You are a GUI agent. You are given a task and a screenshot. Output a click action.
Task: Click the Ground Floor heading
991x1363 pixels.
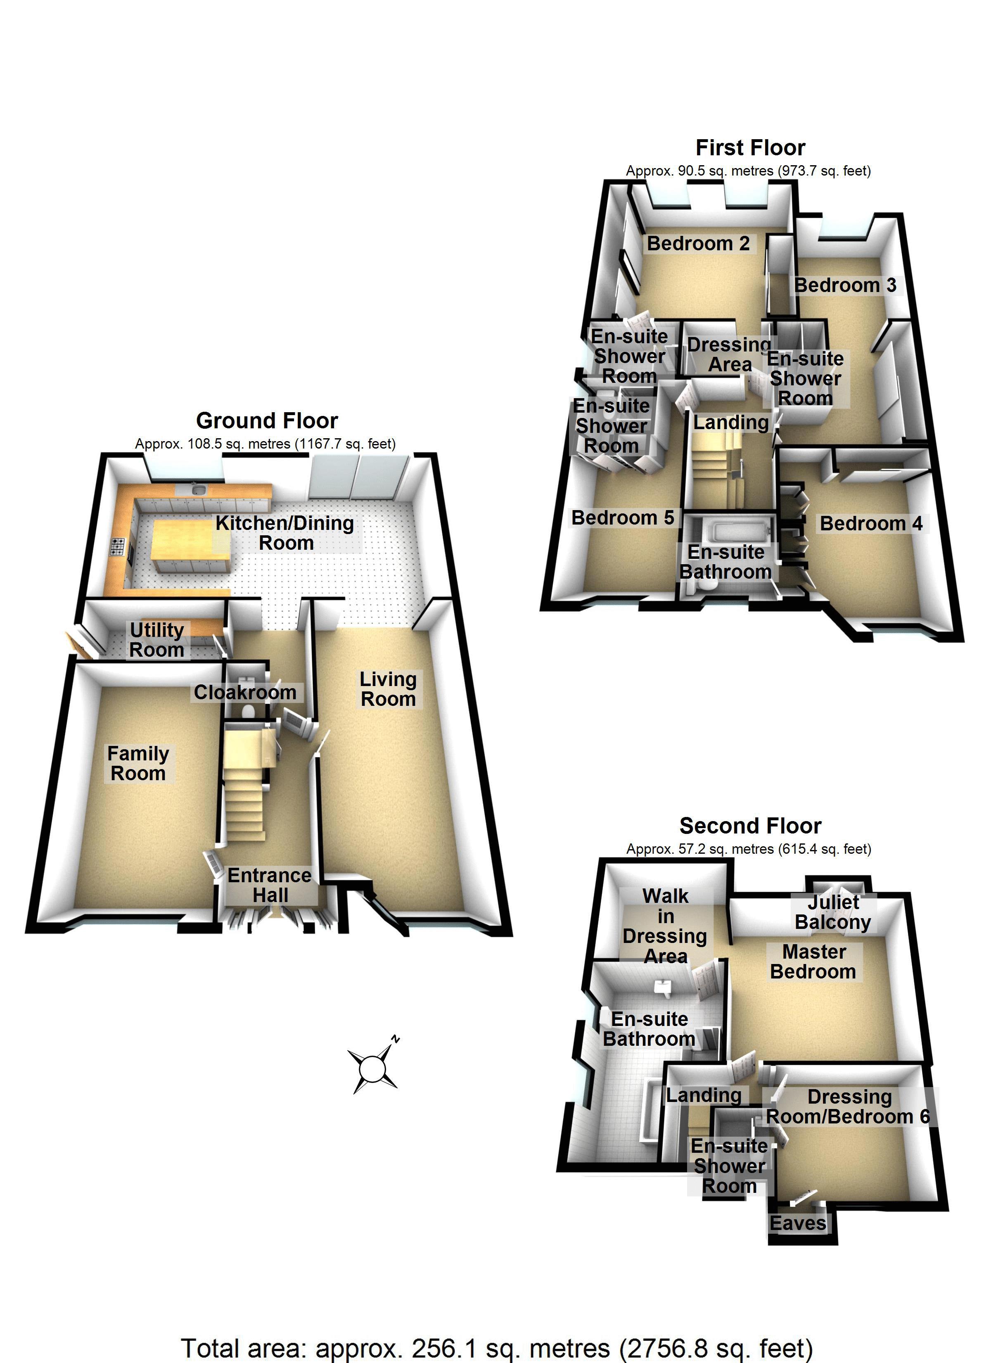267,421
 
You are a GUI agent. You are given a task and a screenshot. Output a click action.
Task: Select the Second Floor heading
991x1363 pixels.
750,826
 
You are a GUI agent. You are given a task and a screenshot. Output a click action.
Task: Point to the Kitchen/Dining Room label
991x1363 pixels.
285,533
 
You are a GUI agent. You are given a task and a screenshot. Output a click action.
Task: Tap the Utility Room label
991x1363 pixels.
157,640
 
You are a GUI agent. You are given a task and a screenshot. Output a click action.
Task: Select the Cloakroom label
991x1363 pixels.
244,692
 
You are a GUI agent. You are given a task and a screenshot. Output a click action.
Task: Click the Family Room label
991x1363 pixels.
138,763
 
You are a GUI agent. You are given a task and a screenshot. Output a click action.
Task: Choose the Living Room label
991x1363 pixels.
388,689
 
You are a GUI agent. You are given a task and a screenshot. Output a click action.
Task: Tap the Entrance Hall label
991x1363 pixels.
270,885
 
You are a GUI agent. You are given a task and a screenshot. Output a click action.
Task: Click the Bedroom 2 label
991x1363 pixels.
698,243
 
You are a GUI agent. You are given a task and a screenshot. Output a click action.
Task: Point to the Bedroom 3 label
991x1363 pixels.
845,285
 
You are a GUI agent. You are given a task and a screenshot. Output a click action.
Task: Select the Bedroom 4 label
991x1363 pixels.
871,523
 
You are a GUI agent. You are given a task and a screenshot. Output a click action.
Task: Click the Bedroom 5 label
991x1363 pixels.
622,518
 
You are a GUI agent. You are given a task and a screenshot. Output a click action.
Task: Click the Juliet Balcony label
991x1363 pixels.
832,912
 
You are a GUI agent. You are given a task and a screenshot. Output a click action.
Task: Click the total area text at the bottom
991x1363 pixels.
496,1348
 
